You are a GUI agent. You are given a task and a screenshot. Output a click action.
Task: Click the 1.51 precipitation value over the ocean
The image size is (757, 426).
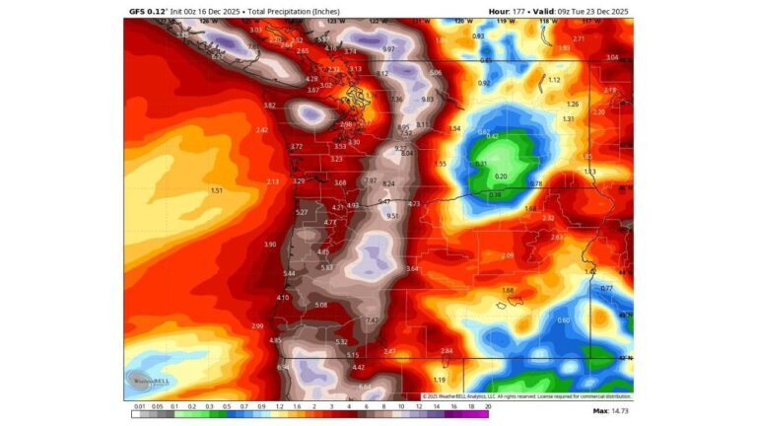pyautogui.click(x=217, y=190)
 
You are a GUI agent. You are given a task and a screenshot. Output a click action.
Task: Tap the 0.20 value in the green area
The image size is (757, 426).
pyautogui.click(x=501, y=177)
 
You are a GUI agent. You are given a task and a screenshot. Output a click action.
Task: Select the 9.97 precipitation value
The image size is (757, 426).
pyautogui.click(x=388, y=49)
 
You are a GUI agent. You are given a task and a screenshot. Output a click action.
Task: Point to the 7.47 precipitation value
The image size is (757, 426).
pyautogui.click(x=373, y=320)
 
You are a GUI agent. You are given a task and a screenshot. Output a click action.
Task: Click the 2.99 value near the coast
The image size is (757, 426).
pyautogui.click(x=257, y=326)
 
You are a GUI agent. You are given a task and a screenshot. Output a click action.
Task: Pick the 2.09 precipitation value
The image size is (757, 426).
pyautogui.click(x=507, y=255)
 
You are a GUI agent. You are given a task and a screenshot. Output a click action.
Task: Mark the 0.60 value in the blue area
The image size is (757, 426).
pyautogui.click(x=564, y=320)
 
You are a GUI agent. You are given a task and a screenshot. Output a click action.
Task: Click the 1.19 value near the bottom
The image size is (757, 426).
pyautogui.click(x=440, y=380)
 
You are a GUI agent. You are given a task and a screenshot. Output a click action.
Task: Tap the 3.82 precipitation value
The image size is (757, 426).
pyautogui.click(x=270, y=106)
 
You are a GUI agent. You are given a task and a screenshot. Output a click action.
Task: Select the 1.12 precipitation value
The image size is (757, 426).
pyautogui.click(x=554, y=80)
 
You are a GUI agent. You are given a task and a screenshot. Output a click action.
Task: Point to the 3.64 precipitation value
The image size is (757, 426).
pyautogui.click(x=412, y=269)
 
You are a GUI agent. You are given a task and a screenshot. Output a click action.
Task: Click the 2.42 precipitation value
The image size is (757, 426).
pyautogui.click(x=262, y=130)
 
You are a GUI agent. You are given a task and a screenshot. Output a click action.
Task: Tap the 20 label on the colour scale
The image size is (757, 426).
pyautogui.click(x=487, y=406)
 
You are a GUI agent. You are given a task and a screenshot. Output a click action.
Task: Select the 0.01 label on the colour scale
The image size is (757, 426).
pyautogui.click(x=141, y=406)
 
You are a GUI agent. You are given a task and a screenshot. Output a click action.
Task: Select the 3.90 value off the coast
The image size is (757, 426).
pyautogui.click(x=270, y=245)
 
